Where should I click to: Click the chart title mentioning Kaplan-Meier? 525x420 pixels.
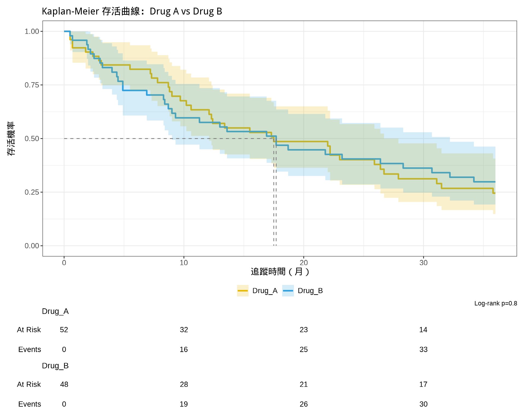(132, 11)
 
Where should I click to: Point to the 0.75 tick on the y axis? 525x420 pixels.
(32, 85)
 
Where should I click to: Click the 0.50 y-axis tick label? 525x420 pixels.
(32, 139)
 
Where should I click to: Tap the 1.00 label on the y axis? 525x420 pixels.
(32, 31)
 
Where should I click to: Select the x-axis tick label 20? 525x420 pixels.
(304, 263)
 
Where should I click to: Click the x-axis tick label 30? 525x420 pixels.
(423, 263)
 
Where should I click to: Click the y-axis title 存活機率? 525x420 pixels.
(11, 139)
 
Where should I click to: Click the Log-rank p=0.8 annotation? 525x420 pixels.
(495, 304)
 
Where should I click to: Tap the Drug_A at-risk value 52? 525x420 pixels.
(64, 330)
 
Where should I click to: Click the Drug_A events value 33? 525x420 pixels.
(423, 349)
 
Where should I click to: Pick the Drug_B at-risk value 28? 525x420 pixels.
(184, 384)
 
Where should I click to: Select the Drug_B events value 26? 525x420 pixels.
(304, 404)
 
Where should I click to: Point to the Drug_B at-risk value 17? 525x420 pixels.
(423, 384)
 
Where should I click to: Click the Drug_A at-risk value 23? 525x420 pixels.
(304, 330)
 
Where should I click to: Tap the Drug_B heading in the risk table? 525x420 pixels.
(55, 366)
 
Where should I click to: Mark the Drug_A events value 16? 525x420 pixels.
(184, 349)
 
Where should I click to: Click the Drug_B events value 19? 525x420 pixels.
(184, 404)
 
